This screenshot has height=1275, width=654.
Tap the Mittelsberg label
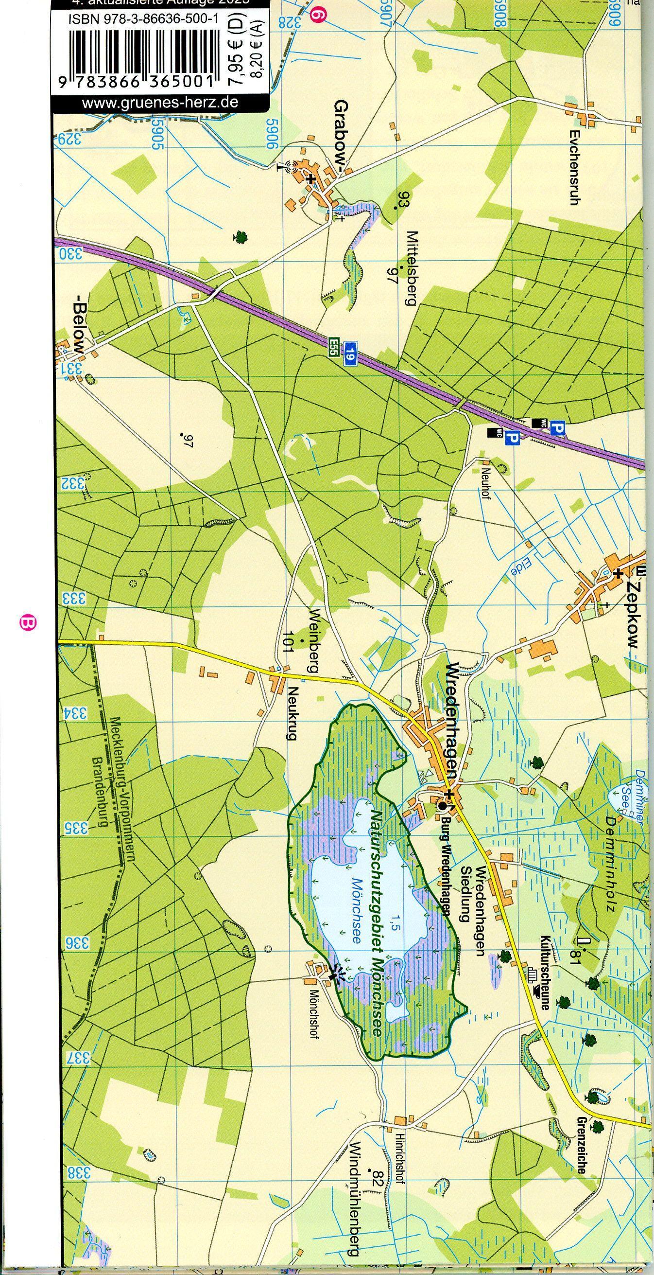412,268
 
